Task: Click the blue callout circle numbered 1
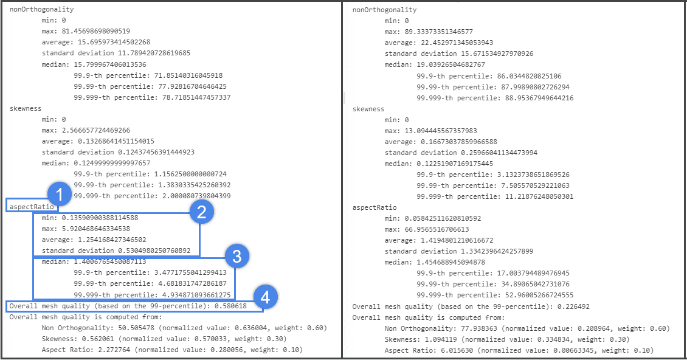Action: click(x=60, y=196)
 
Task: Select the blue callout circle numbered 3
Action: click(x=236, y=256)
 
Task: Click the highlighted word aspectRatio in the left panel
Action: click(x=31, y=207)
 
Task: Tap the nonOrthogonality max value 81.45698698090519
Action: click(x=96, y=31)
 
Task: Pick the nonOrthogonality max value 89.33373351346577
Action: click(x=438, y=31)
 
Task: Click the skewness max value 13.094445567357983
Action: click(x=440, y=130)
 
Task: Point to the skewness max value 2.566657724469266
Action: click(x=96, y=130)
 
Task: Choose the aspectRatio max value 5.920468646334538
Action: click(x=96, y=229)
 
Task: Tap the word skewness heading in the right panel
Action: click(x=368, y=109)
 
